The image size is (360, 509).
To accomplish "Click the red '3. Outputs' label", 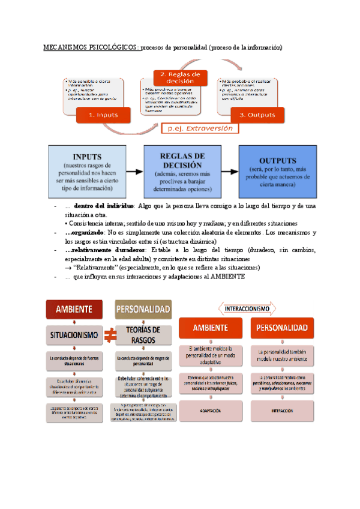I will point(257,115).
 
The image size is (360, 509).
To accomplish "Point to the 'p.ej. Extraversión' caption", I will point(200,128).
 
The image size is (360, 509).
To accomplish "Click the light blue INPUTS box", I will point(87,172).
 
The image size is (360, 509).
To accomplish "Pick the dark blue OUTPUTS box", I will point(277,172).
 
